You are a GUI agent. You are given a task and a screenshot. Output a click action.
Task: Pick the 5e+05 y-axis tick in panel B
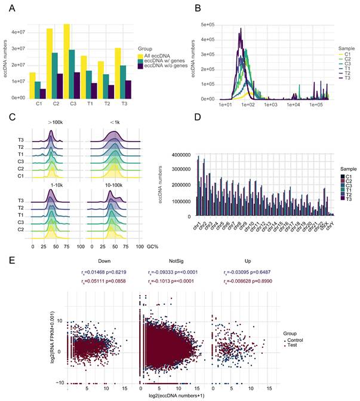[206, 25]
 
